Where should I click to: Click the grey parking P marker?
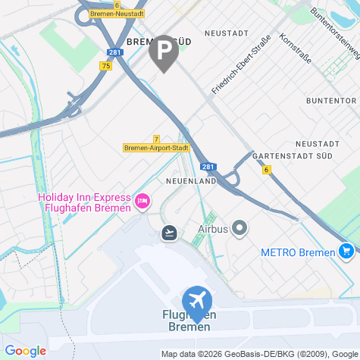point(164,52)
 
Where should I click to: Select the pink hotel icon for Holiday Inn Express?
point(142,201)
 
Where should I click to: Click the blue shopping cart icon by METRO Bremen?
point(346,250)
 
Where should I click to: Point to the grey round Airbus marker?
point(239,227)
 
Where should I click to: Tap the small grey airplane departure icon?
point(169,232)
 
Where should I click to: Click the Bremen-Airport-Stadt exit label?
point(156,148)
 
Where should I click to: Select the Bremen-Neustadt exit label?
point(117,14)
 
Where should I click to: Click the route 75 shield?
point(105,66)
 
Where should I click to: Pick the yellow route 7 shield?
point(156,139)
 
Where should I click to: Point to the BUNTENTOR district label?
point(330,101)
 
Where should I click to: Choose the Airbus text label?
point(213,227)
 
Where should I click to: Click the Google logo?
point(24,351)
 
